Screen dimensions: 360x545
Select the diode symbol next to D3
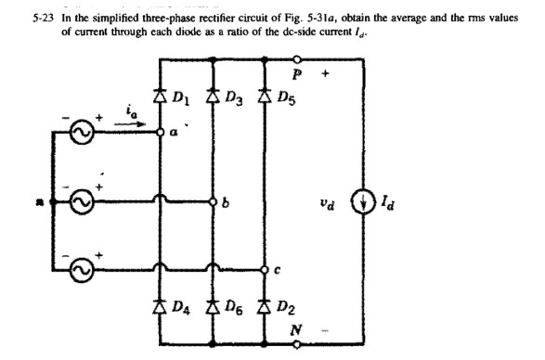pyautogui.click(x=214, y=96)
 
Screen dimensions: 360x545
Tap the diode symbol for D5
pyautogui.click(x=266, y=96)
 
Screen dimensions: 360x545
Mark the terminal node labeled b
pyautogui.click(x=214, y=200)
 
